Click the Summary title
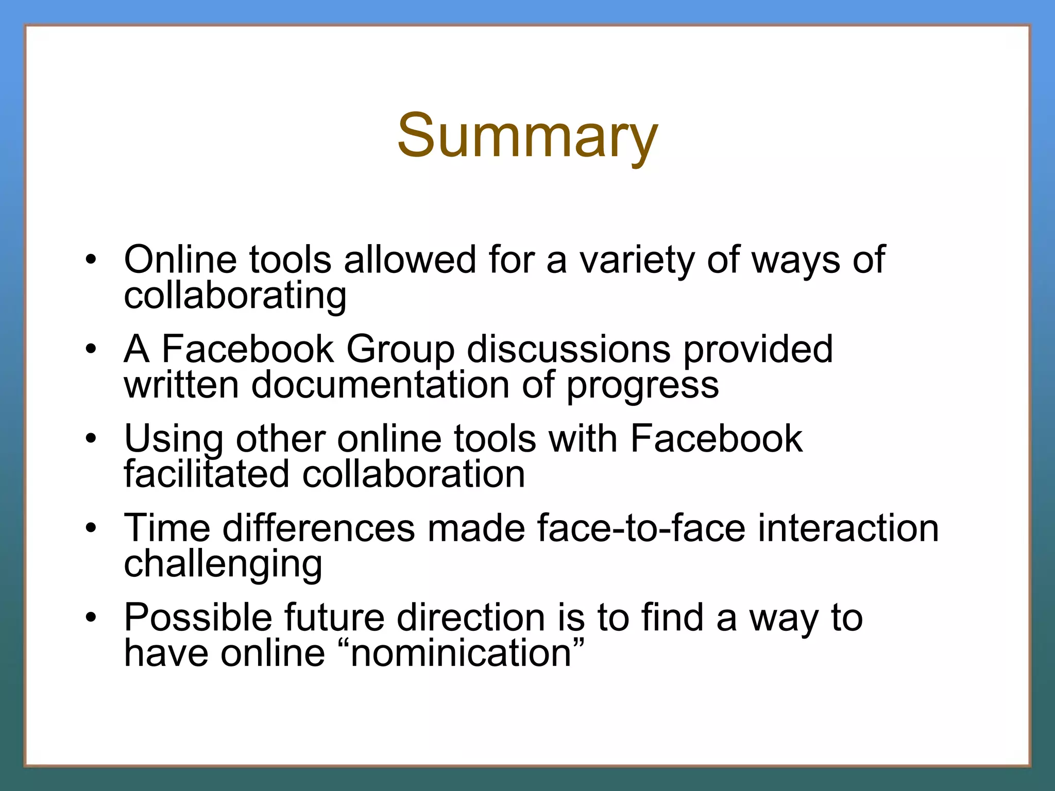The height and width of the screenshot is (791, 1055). [527, 136]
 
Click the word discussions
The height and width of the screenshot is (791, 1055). [569, 349]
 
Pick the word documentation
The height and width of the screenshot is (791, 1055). [380, 385]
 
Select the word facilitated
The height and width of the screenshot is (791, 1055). [207, 474]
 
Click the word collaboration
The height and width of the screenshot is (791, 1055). [414, 474]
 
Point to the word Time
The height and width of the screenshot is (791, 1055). [167, 528]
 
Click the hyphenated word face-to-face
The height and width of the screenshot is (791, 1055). [641, 528]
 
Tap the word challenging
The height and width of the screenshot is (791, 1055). [223, 565]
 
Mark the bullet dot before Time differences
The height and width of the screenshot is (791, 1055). [91, 528]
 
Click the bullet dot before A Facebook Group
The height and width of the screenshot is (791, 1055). [91, 350]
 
